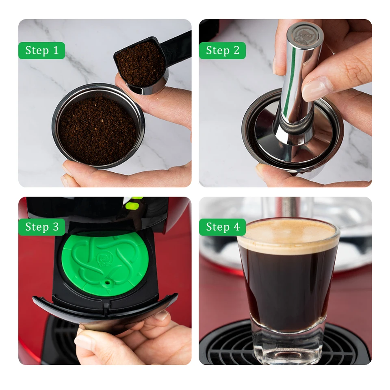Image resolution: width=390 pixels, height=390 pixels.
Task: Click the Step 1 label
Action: pyautogui.click(x=41, y=50)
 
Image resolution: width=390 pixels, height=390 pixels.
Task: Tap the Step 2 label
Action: pyautogui.click(x=222, y=50)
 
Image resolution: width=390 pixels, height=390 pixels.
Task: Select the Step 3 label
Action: pyautogui.click(x=41, y=227)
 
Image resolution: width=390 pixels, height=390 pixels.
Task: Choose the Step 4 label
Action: pyautogui.click(x=222, y=227)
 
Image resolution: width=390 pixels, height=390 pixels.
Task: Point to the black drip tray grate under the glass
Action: pyautogui.click(x=227, y=349)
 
